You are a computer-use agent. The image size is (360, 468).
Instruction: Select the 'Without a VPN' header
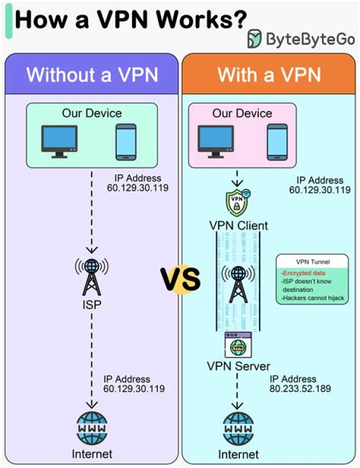pos(92,75)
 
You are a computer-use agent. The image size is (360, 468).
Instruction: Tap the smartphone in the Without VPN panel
pos(125,141)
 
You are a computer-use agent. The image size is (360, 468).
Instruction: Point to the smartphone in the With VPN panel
pos(277,141)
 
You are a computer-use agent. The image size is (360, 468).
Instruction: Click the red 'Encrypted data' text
pos(303,273)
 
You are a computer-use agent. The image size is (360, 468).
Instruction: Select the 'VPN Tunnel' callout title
pos(312,261)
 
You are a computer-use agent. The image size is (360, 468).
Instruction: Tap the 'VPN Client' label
pos(238,225)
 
